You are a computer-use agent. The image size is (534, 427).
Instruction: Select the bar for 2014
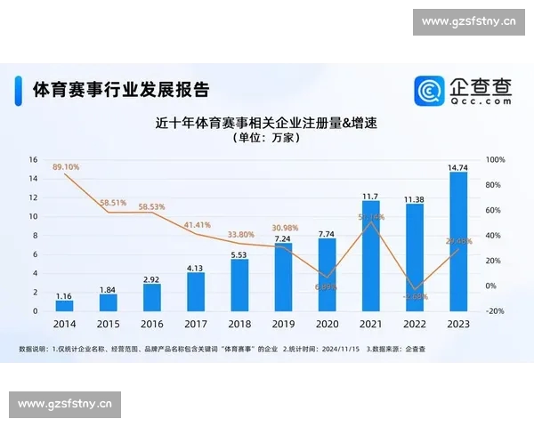(64, 305)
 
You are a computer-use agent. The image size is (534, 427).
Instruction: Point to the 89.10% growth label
(67, 166)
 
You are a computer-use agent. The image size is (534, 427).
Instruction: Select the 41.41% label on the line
(197, 225)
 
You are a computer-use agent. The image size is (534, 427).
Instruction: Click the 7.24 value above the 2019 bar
(283, 238)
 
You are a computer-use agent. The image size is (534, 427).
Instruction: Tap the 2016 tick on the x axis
(151, 325)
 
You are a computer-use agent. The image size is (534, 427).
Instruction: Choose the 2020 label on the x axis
(327, 325)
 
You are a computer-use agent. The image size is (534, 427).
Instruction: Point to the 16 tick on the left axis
(33, 160)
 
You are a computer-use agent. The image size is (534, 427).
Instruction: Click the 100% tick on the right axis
(496, 160)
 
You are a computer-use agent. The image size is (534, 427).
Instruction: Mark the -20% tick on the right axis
(495, 311)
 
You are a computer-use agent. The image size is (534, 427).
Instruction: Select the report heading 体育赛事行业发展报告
(120, 90)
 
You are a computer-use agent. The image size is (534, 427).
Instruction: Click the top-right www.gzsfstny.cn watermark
(469, 20)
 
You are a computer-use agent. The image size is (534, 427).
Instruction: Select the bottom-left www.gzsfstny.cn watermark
(64, 405)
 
